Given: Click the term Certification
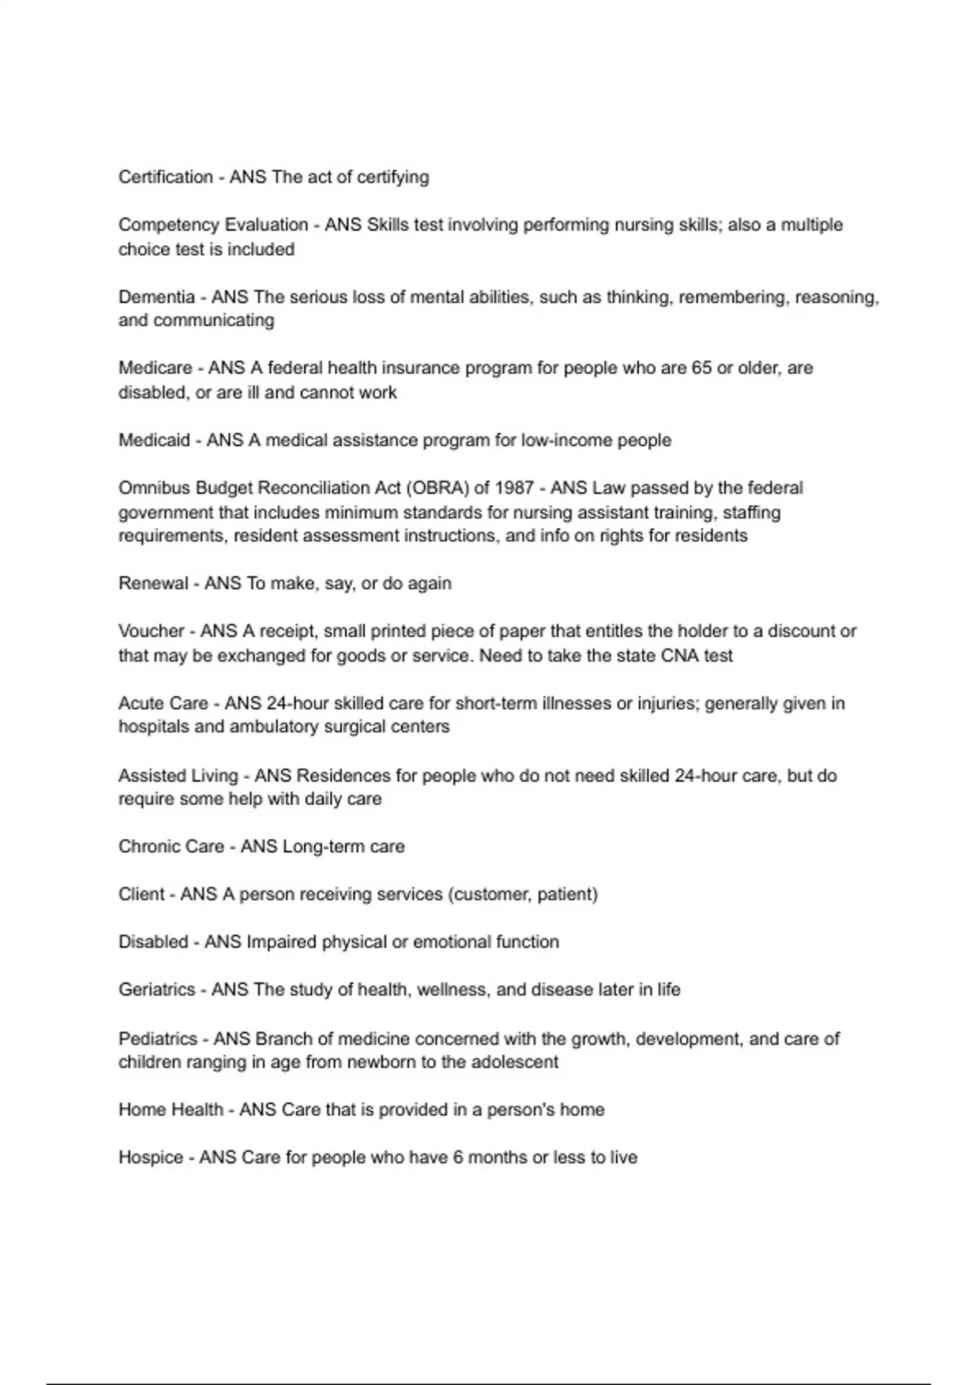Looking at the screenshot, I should point(165,177).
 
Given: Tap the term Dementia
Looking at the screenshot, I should point(156,297).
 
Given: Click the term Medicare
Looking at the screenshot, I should point(155,368).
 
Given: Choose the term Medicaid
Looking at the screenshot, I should point(154,441).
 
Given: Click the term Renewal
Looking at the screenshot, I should point(153,583).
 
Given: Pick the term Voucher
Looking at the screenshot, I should point(152,631).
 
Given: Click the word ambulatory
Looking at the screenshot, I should point(275,727).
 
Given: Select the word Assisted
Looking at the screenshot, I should point(152,776).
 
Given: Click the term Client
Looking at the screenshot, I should point(141,895).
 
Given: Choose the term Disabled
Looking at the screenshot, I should point(153,942).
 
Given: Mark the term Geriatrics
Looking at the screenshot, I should point(156,990).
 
